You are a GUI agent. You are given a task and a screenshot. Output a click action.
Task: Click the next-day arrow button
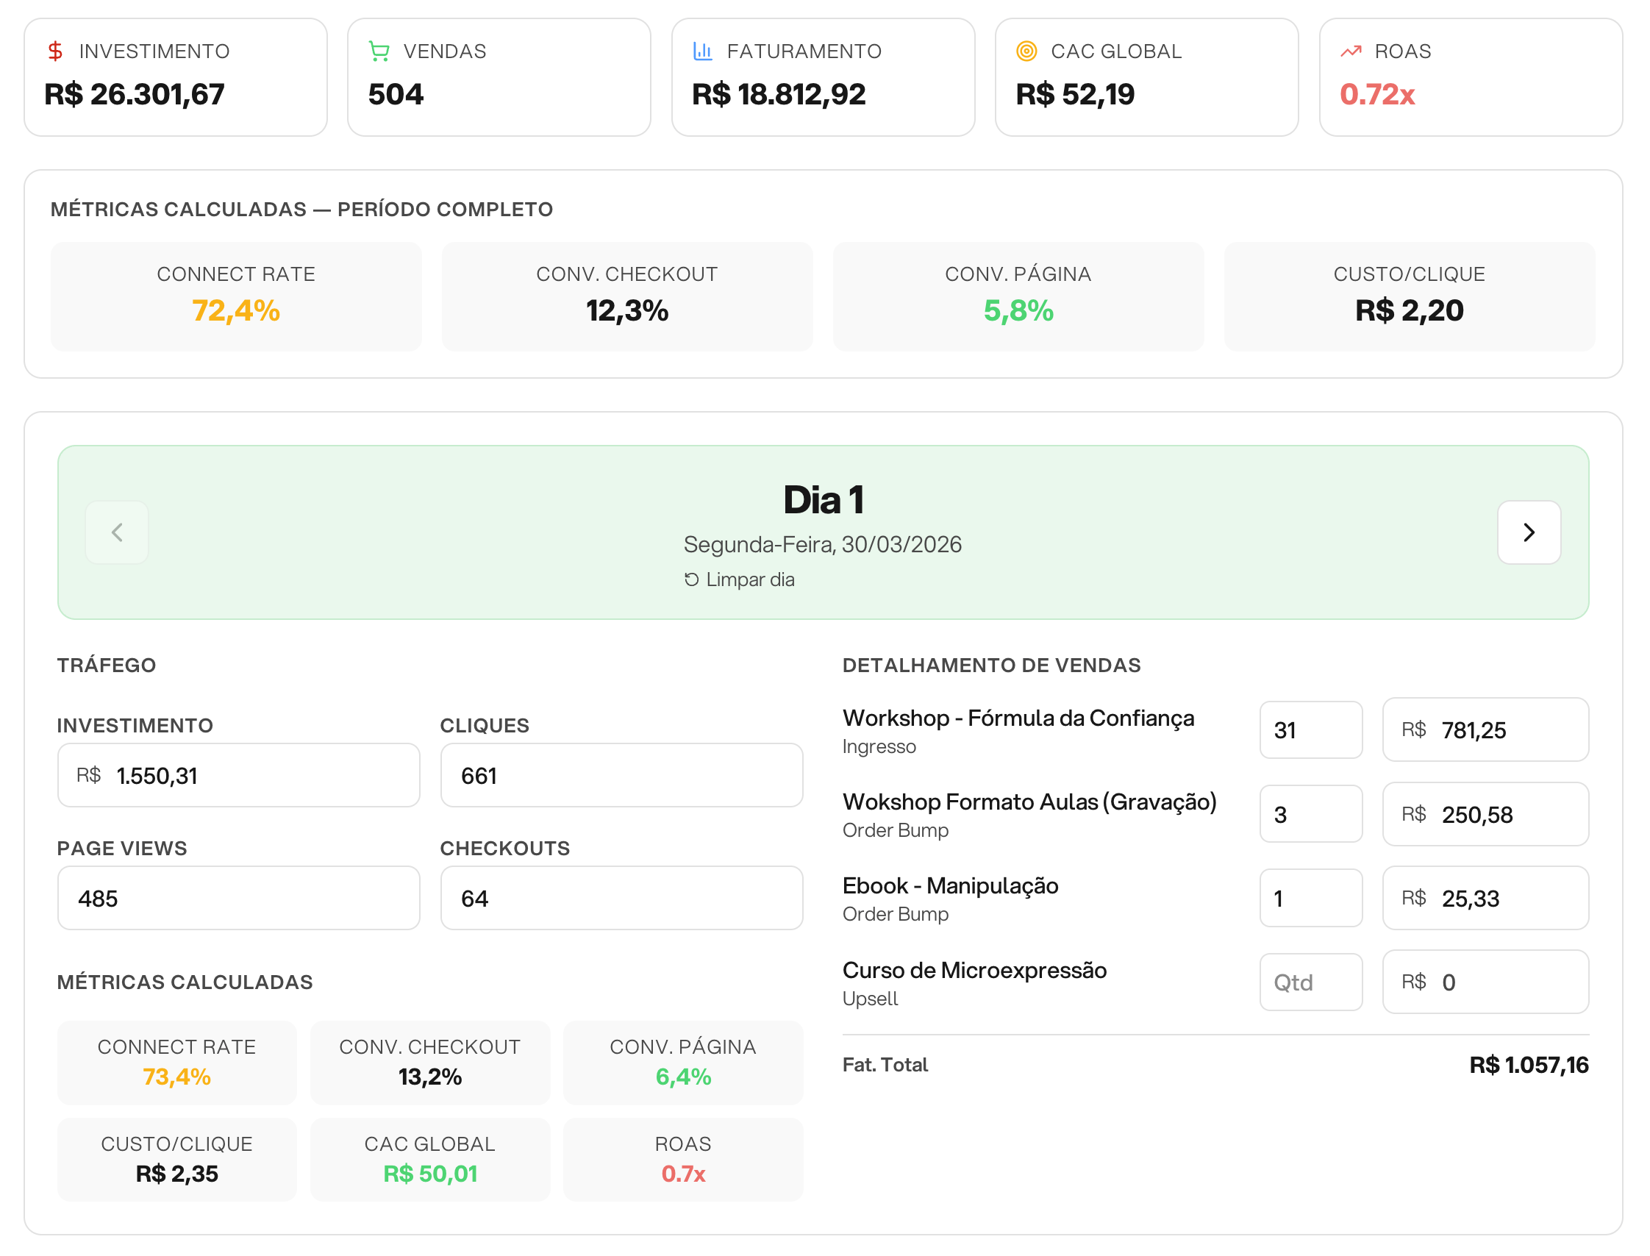click(x=1528, y=532)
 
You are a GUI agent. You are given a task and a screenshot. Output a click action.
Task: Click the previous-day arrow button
click(x=117, y=532)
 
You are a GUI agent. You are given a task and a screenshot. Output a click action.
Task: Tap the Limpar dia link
click(x=740, y=579)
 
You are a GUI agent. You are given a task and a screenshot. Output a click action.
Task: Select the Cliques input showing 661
click(x=621, y=775)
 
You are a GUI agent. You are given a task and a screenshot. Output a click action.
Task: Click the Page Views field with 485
click(x=238, y=898)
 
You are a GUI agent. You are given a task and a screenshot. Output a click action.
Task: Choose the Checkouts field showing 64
click(x=621, y=898)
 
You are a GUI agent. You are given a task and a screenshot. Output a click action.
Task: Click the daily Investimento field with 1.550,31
click(x=238, y=775)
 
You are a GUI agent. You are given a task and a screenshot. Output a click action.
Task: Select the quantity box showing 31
click(x=1310, y=729)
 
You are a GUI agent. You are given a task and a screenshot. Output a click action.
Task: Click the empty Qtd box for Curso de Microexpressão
click(x=1310, y=982)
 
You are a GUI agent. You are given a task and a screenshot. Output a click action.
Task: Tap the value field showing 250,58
click(x=1485, y=814)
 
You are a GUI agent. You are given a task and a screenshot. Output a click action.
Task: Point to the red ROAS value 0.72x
click(x=1376, y=95)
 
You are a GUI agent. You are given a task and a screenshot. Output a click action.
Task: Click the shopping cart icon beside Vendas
click(x=379, y=51)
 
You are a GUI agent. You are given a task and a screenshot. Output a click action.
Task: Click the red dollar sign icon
click(x=55, y=51)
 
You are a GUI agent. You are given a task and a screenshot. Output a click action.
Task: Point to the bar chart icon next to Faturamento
click(x=702, y=51)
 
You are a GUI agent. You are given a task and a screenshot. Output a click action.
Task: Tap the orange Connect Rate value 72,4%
click(x=235, y=310)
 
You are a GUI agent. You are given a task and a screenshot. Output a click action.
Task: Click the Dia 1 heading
click(x=823, y=499)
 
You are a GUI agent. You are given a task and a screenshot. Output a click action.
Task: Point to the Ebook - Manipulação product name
click(x=949, y=885)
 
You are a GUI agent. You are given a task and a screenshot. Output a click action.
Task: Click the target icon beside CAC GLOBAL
click(x=1026, y=51)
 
